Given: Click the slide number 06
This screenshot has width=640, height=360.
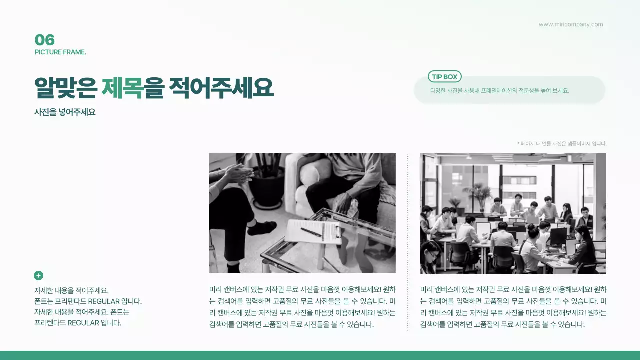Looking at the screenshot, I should tap(44, 40).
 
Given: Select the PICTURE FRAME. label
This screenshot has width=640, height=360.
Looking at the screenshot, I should tap(60, 52).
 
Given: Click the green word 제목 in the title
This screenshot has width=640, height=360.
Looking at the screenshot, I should tap(122, 88).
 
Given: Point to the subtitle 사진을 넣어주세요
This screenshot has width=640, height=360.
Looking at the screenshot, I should tap(65, 112).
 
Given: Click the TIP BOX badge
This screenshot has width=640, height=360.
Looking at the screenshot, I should tap(444, 77).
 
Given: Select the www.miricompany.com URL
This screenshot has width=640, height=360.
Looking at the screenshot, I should tap(570, 24).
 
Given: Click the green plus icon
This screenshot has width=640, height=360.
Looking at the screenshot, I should tap(38, 275).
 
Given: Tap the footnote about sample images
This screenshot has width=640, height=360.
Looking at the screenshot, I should tap(561, 143).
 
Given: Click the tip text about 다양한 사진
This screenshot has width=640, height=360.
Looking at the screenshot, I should tap(499, 91).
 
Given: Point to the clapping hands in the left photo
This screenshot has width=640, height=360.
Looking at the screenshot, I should tap(238, 174).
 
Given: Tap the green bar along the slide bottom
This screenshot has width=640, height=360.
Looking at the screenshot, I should tap(320, 355).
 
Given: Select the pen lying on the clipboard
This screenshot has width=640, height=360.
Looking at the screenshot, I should tap(311, 232).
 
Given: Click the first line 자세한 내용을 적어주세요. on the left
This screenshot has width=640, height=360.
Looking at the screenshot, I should tap(71, 290).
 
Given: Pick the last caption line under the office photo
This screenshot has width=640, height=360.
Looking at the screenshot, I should tap(502, 324).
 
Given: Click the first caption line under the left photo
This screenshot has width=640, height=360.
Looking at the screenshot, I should tap(302, 289).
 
